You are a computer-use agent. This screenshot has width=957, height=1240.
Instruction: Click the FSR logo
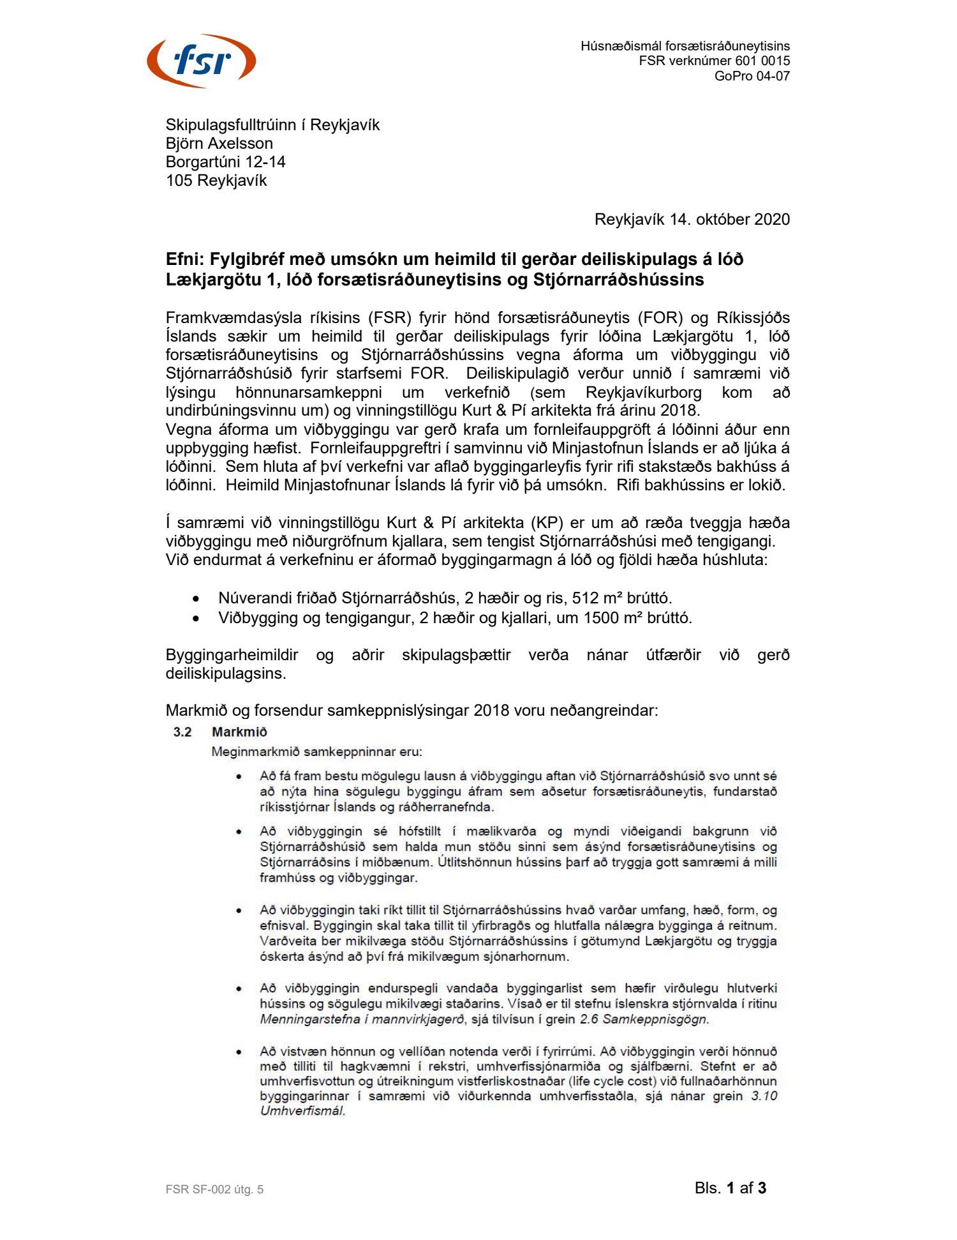tap(201, 61)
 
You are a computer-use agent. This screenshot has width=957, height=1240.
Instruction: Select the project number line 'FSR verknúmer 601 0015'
tap(714, 61)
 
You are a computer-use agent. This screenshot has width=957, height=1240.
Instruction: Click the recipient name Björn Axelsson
tap(219, 143)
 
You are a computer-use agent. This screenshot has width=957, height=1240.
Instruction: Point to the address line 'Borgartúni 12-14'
tap(225, 162)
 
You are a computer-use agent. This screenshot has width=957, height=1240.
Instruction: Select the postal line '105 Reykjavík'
tap(216, 180)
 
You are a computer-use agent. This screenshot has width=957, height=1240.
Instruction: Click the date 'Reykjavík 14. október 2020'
tap(692, 219)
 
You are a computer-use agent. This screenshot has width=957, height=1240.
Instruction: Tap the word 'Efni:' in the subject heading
tap(185, 259)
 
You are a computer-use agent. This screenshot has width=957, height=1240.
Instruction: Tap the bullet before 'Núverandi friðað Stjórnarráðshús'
tap(196, 599)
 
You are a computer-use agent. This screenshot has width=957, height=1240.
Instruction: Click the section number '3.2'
tap(182, 732)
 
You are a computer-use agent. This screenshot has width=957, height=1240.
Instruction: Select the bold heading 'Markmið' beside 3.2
tap(239, 732)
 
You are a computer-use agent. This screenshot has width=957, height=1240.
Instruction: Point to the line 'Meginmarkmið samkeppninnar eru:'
tap(316, 752)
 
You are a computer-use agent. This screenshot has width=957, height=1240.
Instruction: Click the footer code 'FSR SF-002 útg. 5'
tap(214, 1189)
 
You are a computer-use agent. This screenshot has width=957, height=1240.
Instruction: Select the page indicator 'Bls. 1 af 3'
tap(731, 1188)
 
